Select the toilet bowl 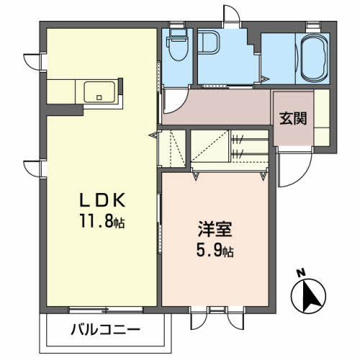176,49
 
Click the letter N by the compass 302,273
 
